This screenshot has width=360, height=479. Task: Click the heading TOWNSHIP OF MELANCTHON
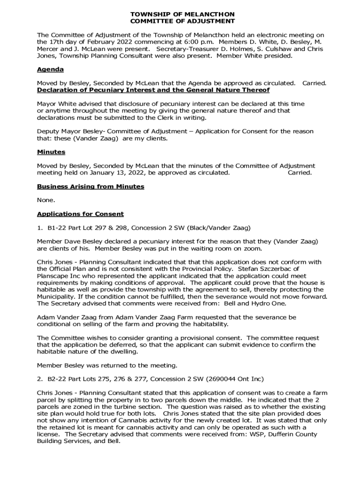pyautogui.click(x=182, y=15)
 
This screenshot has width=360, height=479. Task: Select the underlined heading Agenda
pyautogui.click(x=50, y=69)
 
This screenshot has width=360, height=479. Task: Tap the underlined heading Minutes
pyautogui.click(x=51, y=152)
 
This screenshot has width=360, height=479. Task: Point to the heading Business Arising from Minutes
pyautogui.click(x=90, y=186)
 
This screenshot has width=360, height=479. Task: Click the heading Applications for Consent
pyautogui.click(x=80, y=214)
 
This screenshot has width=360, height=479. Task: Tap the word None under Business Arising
pyautogui.click(x=46, y=200)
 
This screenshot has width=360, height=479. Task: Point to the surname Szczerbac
pyautogui.click(x=279, y=269)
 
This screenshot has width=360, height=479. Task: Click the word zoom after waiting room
pyautogui.click(x=252, y=248)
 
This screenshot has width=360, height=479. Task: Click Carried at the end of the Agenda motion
pyautogui.click(x=314, y=83)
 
